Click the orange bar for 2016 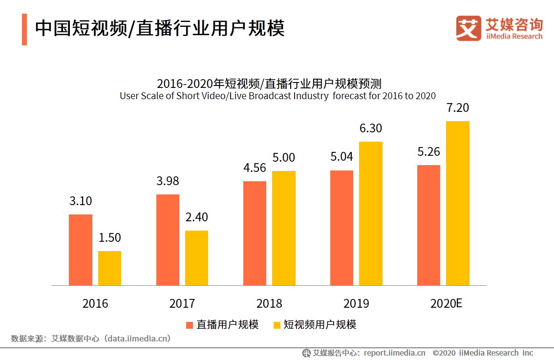[x=81, y=250]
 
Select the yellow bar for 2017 [x=196, y=258]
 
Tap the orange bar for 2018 [x=255, y=233]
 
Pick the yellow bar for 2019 [x=371, y=213]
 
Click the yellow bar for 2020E [x=458, y=203]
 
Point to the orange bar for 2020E [x=428, y=225]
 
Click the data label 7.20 [x=458, y=108]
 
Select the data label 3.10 [x=81, y=201]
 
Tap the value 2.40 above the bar [x=196, y=217]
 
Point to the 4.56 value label [x=255, y=168]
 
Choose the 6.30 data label [x=371, y=128]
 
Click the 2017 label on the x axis [x=182, y=303]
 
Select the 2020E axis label [x=446, y=303]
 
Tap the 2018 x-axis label [x=269, y=303]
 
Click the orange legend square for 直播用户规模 [x=190, y=325]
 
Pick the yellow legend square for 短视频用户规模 [x=277, y=325]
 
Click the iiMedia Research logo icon [x=469, y=28]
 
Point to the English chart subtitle [x=277, y=96]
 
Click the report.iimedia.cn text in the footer [x=394, y=353]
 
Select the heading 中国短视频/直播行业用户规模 [x=160, y=28]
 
